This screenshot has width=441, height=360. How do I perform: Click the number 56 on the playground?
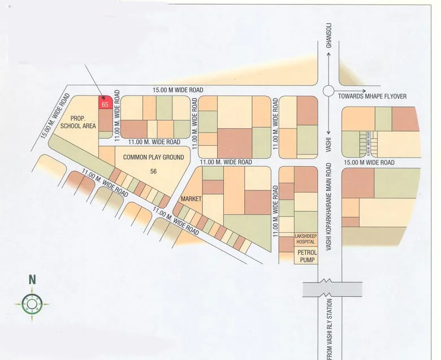coord(153,171)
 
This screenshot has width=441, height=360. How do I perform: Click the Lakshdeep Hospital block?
coord(305,238)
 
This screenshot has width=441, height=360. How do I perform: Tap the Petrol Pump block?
coord(306,256)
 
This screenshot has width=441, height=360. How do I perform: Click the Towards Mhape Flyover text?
coord(373,97)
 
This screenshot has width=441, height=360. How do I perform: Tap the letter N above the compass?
coord(32,279)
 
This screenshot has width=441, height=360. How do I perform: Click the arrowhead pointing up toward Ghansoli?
coord(328,55)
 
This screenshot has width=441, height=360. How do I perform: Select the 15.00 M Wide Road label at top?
coord(177,90)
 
